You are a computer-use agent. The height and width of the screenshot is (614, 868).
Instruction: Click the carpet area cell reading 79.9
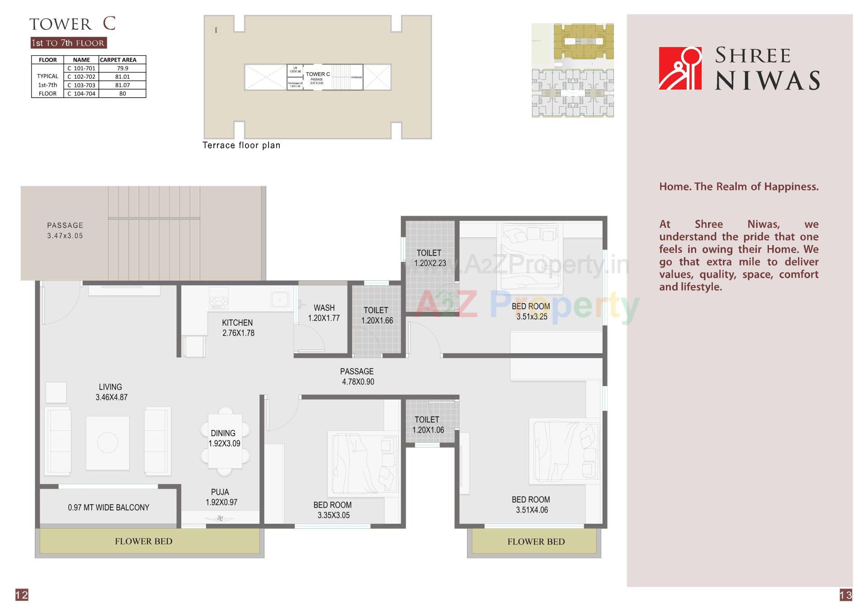pos(123,68)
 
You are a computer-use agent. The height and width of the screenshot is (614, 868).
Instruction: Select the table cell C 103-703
pos(81,85)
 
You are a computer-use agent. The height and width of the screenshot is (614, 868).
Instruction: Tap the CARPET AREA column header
pos(118,60)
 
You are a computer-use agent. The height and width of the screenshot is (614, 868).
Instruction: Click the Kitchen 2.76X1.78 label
pos(238,328)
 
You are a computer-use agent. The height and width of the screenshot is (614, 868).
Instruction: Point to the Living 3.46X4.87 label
pos(111,392)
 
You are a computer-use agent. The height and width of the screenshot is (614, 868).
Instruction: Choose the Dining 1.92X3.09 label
pos(224,438)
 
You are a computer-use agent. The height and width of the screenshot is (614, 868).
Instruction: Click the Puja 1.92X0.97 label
pos(221,497)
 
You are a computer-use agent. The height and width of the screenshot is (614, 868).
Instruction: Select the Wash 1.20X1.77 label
pos(324,313)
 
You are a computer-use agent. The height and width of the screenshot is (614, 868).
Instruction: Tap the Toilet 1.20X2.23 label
pos(429,258)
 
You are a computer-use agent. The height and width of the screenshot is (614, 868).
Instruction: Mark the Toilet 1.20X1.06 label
pos(428,425)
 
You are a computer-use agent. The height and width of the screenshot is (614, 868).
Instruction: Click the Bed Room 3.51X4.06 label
pos(531,505)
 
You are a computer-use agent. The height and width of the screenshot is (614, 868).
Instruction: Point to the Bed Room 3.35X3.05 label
pos(333,510)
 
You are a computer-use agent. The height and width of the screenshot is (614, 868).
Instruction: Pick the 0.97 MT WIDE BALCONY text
pos(108,508)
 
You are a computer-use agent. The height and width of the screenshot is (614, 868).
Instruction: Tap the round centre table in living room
pos(108,442)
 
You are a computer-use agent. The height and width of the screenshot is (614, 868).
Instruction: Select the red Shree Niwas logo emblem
pos(680,68)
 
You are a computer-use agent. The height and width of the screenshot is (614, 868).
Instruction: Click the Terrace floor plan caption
pos(241,145)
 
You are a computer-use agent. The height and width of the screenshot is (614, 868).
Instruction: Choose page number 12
pos(22,595)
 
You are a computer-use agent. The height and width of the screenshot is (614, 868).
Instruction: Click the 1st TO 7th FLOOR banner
pos(68,43)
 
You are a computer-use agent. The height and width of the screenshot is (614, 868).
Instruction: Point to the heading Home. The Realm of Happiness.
pos(739,187)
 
